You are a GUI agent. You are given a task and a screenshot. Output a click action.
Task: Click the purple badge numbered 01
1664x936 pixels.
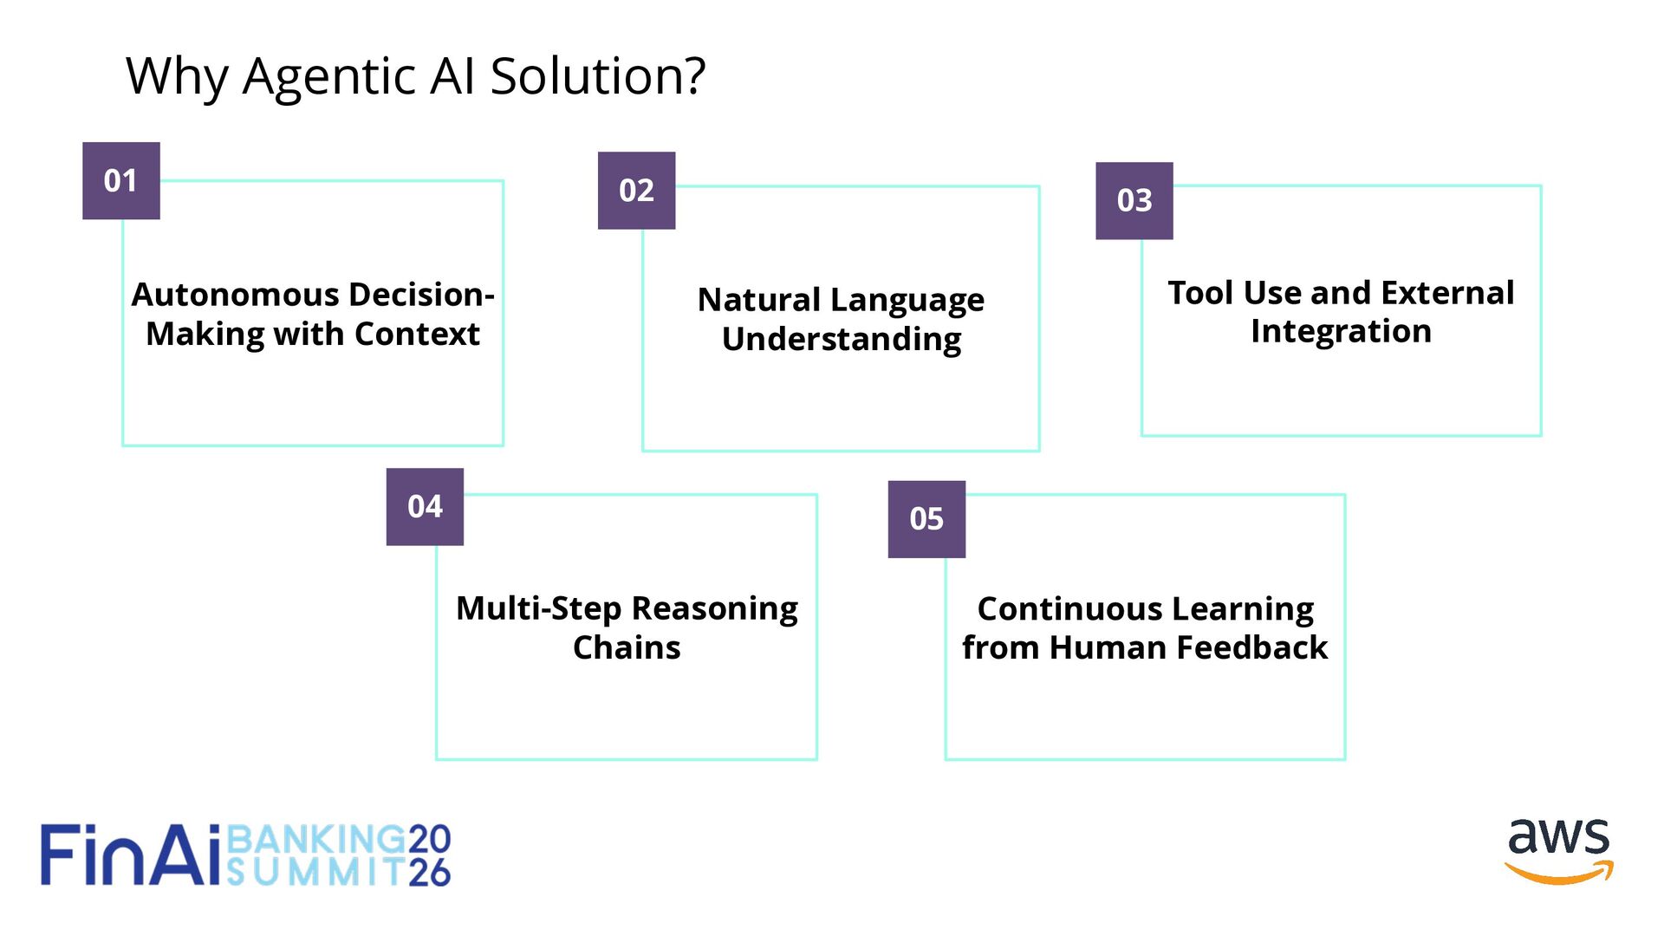tap(120, 180)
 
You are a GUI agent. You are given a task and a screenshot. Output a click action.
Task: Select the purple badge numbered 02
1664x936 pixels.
tap(636, 190)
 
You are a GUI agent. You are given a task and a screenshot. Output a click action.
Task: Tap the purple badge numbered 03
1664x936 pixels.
tap(1134, 200)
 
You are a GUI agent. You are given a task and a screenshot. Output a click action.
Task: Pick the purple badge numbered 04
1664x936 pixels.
tap(425, 506)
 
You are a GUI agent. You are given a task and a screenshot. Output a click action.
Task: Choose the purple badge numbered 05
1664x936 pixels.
tap(926, 518)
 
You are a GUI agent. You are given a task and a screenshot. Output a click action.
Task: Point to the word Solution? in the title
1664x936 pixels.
tap(598, 76)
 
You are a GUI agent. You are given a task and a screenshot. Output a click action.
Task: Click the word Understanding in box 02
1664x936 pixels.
tap(842, 340)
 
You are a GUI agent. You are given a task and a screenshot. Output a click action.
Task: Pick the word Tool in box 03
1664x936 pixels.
tap(1199, 293)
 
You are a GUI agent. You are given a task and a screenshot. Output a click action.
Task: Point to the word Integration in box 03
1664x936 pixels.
tap(1341, 332)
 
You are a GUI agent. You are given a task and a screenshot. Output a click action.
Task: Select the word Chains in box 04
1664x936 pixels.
tap(627, 647)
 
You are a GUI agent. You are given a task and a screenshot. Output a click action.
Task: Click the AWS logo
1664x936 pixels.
tap(1558, 850)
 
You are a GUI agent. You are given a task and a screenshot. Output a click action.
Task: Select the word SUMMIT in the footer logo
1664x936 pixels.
tap(315, 871)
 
